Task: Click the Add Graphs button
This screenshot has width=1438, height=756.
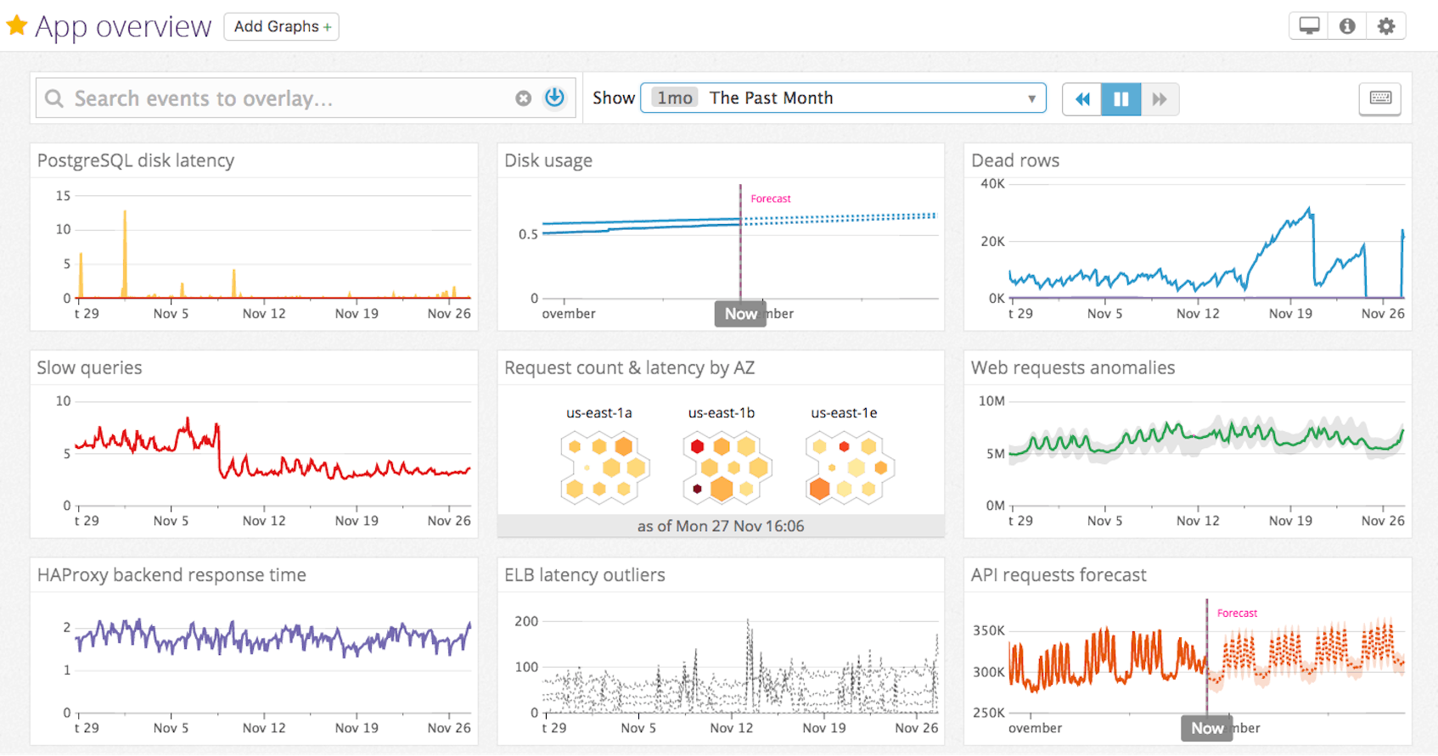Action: click(x=281, y=26)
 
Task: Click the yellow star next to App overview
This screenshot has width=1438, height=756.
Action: click(x=16, y=25)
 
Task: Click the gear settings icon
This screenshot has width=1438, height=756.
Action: click(x=1385, y=26)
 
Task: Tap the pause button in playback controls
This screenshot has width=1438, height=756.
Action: click(x=1121, y=99)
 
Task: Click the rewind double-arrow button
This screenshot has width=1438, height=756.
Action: click(x=1082, y=99)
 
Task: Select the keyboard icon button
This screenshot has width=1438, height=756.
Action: click(x=1380, y=98)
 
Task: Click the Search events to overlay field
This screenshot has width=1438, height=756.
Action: click(x=280, y=98)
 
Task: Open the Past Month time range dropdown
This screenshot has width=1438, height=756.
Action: click(x=842, y=98)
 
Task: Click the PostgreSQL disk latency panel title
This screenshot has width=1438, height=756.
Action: click(x=136, y=160)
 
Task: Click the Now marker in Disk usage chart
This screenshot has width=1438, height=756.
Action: click(x=740, y=314)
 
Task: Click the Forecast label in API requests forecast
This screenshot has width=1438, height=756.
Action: click(x=1237, y=613)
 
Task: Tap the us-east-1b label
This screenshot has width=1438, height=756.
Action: click(x=721, y=413)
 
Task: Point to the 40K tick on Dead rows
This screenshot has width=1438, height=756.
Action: click(x=992, y=183)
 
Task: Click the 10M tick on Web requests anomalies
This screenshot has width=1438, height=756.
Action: click(x=991, y=400)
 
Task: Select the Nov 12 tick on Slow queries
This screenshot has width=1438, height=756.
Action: click(x=264, y=520)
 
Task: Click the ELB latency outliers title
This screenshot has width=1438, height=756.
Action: click(x=584, y=574)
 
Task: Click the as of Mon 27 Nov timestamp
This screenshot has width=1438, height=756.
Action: click(x=720, y=526)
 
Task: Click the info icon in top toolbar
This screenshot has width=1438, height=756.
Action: click(x=1347, y=26)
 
